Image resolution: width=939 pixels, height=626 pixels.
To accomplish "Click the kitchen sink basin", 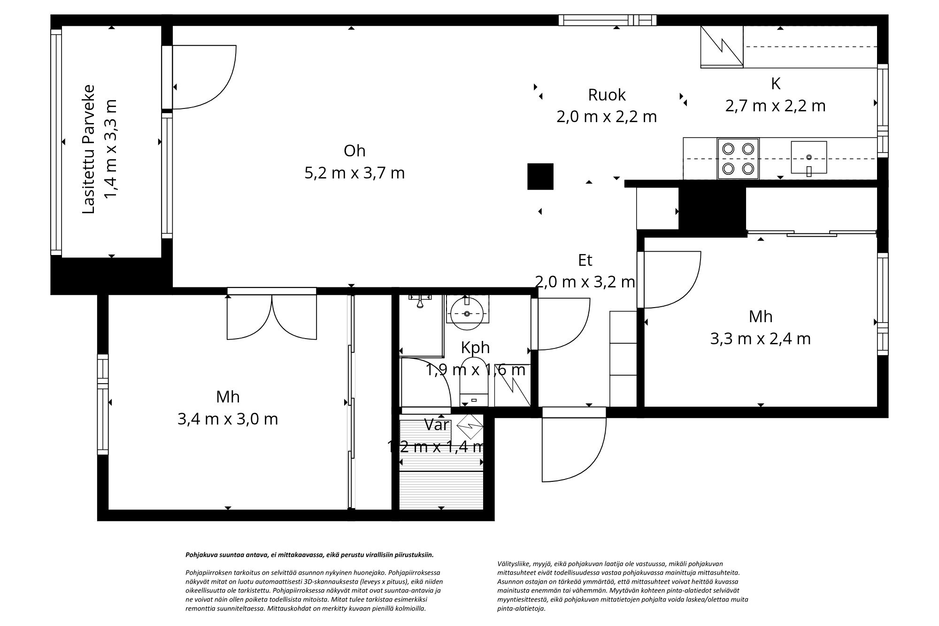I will pyautogui.click(x=808, y=157).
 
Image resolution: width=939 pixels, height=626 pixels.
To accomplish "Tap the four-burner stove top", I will pyautogui.click(x=738, y=159).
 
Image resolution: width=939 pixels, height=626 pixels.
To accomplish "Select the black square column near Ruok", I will pyautogui.click(x=540, y=177).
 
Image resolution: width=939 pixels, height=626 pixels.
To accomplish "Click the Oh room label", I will pyautogui.click(x=354, y=151).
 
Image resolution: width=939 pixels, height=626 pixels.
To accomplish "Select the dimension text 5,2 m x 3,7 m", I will pyautogui.click(x=354, y=173).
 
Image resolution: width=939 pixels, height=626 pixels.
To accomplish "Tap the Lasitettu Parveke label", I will pyautogui.click(x=89, y=149).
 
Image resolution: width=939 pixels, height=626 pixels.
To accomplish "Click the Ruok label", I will pyautogui.click(x=607, y=95).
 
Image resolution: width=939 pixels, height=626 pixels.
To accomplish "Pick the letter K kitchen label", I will pyautogui.click(x=776, y=84).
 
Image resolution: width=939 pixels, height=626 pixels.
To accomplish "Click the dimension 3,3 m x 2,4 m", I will pyautogui.click(x=760, y=339).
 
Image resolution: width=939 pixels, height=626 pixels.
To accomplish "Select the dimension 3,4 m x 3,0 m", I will pyautogui.click(x=228, y=419).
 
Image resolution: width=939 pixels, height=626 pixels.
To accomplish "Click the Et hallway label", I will pyautogui.click(x=585, y=260).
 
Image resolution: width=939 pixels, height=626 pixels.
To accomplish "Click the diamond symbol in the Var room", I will pyautogui.click(x=470, y=427).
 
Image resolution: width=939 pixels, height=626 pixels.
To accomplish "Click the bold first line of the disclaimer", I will pyautogui.click(x=309, y=555).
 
